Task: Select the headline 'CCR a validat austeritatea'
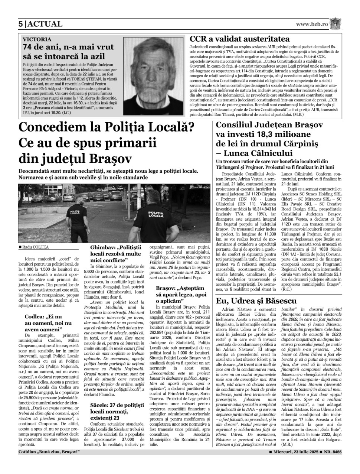coord(240,39)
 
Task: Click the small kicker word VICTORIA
coord(37,39)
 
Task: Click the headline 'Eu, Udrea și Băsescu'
coord(256,301)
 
